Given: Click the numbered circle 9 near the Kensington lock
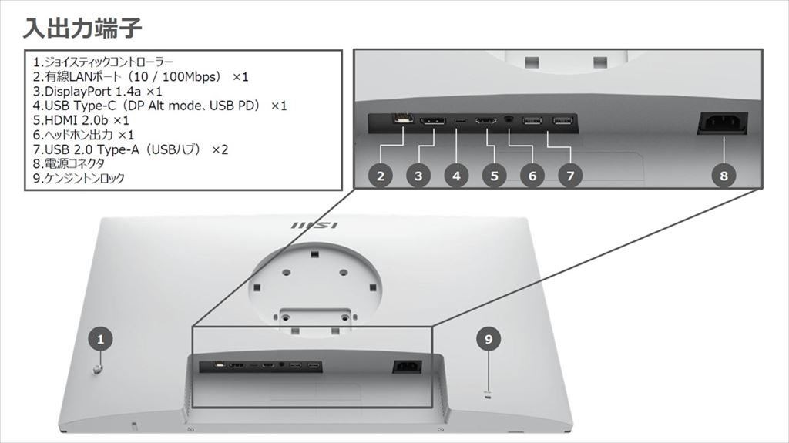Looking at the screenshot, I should pyautogui.click(x=488, y=337).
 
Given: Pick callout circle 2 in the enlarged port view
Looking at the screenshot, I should pyautogui.click(x=380, y=176).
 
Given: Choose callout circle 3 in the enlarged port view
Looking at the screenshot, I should pyautogui.click(x=418, y=176).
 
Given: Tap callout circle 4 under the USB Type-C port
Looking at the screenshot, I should pyautogui.click(x=456, y=176).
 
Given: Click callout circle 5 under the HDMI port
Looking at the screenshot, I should pyautogui.click(x=494, y=176).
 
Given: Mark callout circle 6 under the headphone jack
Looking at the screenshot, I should pyautogui.click(x=532, y=176).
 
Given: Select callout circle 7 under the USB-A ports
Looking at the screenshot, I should pyautogui.click(x=569, y=176).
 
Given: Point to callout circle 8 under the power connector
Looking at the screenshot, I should pyautogui.click(x=723, y=176).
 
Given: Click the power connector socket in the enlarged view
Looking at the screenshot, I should pyautogui.click(x=722, y=123).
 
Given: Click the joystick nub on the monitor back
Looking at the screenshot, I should pyautogui.click(x=97, y=370).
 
